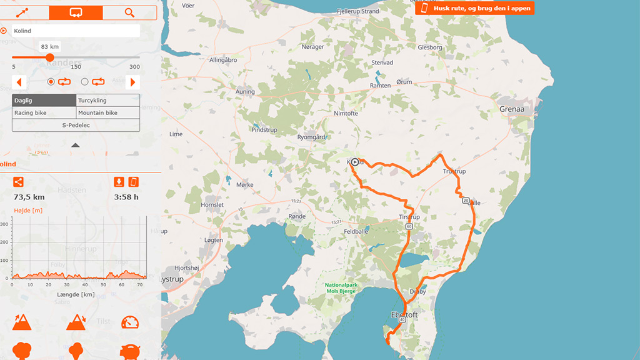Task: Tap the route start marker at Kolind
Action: coord(354,162)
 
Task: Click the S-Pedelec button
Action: coord(76,126)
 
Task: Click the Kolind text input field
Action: coord(76,31)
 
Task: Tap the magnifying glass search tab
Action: coord(129,12)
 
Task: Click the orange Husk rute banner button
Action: coord(474,8)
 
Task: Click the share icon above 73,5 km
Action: coord(18,182)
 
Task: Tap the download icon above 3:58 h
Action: coord(119,182)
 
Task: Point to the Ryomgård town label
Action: coord(311,137)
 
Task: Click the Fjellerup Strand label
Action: coord(357,11)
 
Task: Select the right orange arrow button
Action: coord(132,82)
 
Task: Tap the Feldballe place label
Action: coord(356,231)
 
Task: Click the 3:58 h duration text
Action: coord(126,197)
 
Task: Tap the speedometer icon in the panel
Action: coord(130,322)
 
